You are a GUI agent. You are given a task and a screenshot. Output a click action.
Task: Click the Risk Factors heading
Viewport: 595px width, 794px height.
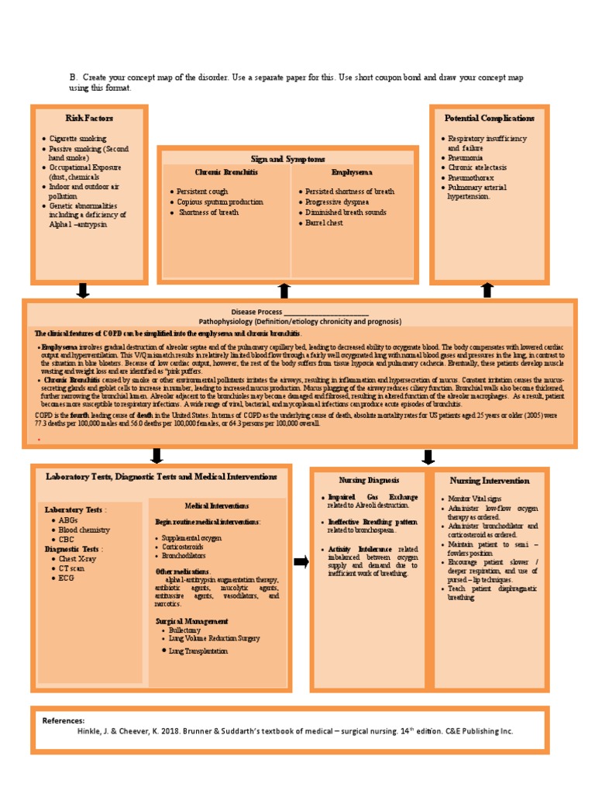[x=89, y=118]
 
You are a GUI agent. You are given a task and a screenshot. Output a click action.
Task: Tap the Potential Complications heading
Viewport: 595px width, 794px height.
[x=489, y=118]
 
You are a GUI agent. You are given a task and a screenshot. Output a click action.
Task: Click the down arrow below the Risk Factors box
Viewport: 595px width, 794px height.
[x=83, y=291]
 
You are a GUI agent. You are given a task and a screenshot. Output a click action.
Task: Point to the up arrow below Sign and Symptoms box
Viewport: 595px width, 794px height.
[x=284, y=290]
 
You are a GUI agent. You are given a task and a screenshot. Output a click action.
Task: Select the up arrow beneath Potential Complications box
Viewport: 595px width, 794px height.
[x=487, y=290]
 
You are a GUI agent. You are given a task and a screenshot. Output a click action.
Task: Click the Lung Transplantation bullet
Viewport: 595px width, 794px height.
[x=198, y=651]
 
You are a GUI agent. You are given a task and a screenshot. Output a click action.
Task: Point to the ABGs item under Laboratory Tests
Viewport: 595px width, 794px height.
[x=68, y=520]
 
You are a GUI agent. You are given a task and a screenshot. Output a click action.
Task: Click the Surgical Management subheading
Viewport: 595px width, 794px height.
[x=191, y=621]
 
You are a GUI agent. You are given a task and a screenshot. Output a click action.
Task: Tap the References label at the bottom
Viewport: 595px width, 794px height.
[x=64, y=720]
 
